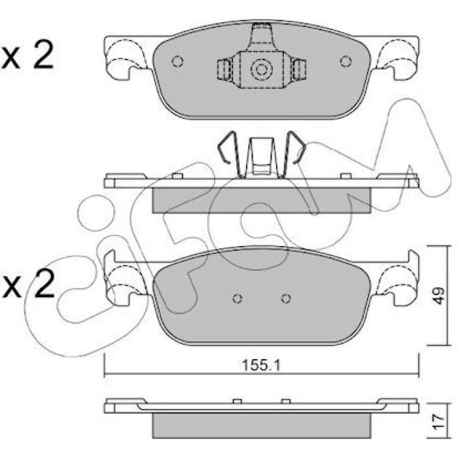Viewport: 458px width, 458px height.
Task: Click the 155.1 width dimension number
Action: [262, 365]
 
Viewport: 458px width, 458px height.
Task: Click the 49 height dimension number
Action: [438, 296]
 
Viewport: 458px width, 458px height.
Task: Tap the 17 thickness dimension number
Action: [438, 421]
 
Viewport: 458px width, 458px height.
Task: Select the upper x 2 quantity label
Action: [27, 54]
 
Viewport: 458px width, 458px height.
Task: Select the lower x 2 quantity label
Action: [28, 283]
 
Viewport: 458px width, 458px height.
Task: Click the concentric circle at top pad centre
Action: [262, 69]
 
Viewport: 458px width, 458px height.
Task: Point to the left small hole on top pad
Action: [177, 62]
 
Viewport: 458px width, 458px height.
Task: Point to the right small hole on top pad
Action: [346, 62]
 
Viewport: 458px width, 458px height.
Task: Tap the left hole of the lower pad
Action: [238, 298]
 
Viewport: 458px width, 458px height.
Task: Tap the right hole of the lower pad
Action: [286, 298]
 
